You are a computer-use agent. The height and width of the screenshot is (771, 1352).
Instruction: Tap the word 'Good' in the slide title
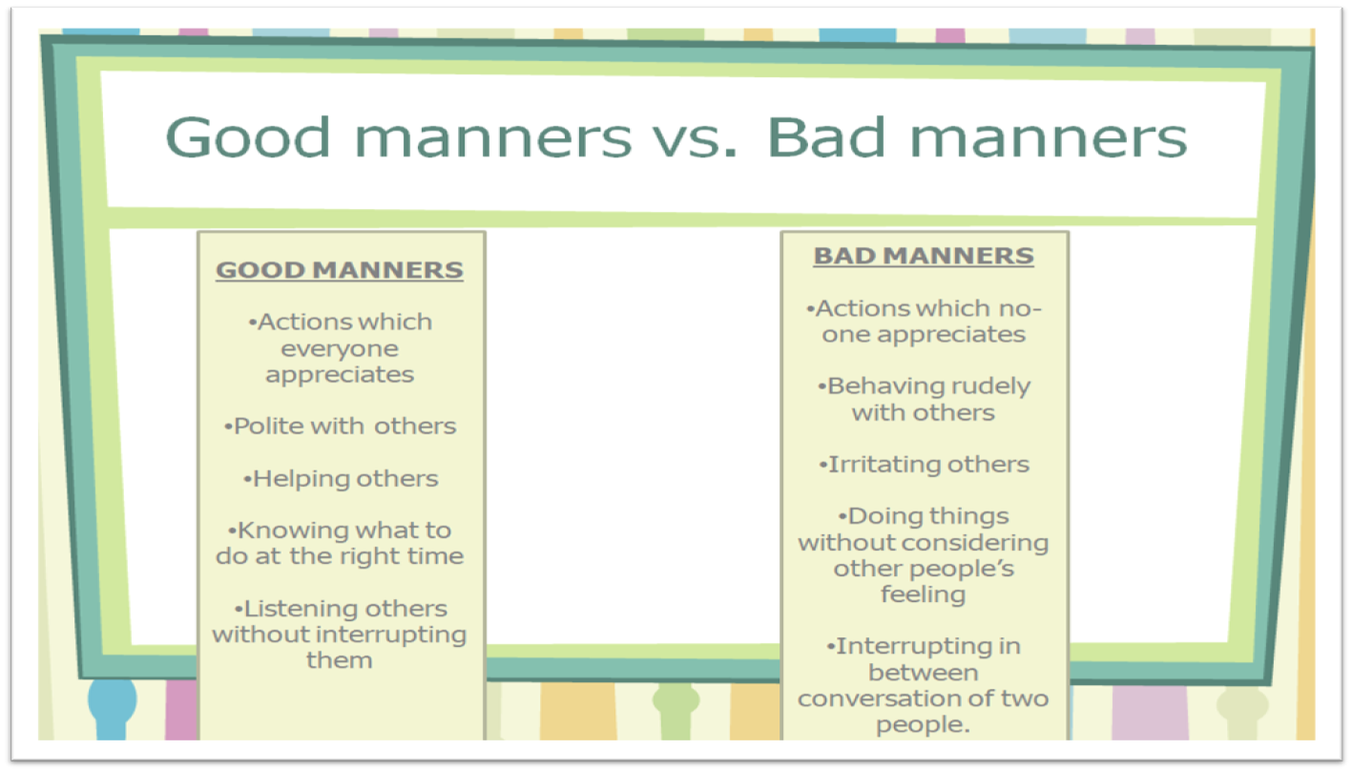248,137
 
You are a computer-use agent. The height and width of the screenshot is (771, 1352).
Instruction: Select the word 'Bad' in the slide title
826,137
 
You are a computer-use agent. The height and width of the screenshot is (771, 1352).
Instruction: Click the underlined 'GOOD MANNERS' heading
340,270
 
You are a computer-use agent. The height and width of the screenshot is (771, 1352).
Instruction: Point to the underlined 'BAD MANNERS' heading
924,256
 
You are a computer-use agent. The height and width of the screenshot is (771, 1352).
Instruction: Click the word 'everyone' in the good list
340,349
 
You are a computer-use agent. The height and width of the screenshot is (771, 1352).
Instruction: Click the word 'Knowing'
288,531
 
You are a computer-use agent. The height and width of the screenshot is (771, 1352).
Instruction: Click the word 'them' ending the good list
340,660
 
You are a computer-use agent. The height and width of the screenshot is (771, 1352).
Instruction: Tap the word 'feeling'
923,595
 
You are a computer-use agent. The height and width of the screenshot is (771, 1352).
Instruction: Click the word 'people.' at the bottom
923,725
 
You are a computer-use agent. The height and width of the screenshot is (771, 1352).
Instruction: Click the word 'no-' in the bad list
1021,309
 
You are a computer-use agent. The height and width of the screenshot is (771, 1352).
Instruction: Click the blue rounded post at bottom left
113,708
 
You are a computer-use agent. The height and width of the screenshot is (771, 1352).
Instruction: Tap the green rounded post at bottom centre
676,710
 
